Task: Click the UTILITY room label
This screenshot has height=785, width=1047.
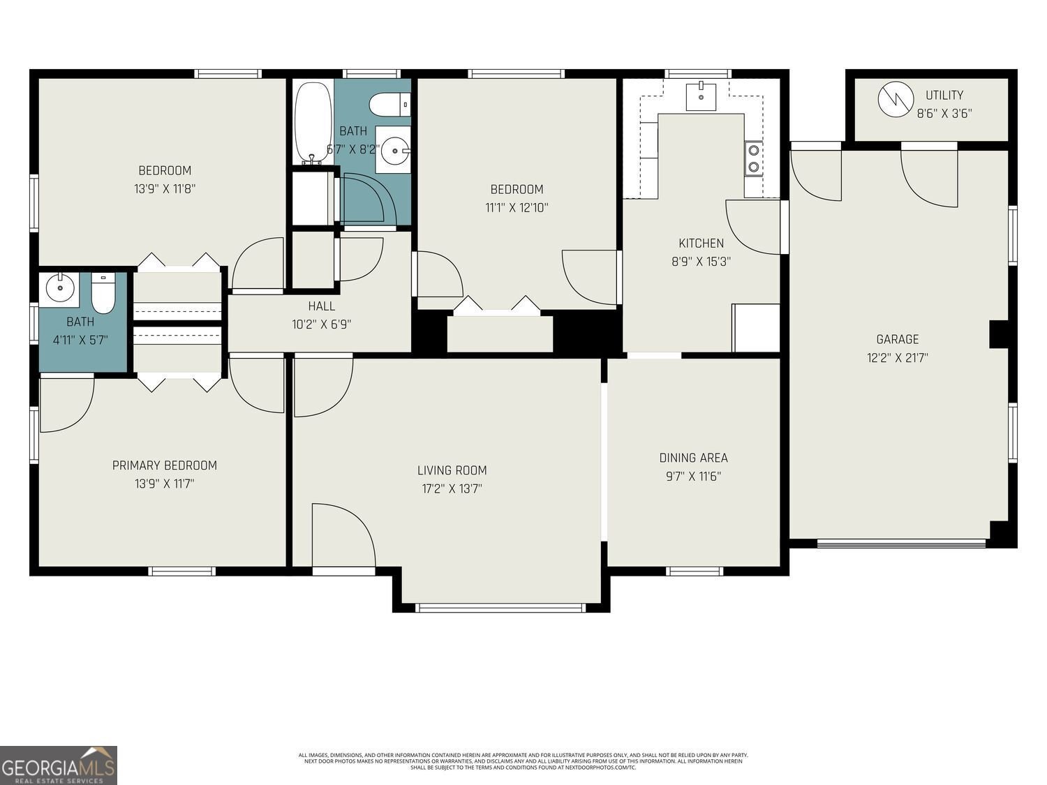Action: pyautogui.click(x=944, y=95)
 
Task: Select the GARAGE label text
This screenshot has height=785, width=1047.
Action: pyautogui.click(x=897, y=339)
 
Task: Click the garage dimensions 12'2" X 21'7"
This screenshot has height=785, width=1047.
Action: pyautogui.click(x=897, y=358)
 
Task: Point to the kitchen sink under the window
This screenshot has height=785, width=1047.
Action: pyautogui.click(x=700, y=96)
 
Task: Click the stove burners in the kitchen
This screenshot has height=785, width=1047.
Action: pyautogui.click(x=754, y=158)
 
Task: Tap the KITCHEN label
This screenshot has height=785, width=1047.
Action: pyautogui.click(x=701, y=243)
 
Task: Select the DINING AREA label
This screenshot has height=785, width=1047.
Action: pyautogui.click(x=693, y=458)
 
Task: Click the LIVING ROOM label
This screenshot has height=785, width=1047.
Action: pyautogui.click(x=452, y=470)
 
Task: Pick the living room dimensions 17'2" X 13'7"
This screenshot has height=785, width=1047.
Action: pyautogui.click(x=452, y=489)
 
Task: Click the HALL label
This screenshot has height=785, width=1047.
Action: pyautogui.click(x=321, y=306)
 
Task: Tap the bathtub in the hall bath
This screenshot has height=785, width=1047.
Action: pyautogui.click(x=307, y=123)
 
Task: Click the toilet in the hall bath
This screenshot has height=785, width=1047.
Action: pyautogui.click(x=388, y=105)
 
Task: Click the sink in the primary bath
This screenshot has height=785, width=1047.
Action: pyautogui.click(x=60, y=287)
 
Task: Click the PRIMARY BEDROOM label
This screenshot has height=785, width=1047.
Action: pyautogui.click(x=164, y=465)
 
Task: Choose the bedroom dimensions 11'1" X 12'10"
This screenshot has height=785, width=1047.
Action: pyautogui.click(x=516, y=207)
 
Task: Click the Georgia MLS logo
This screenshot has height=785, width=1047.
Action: pyautogui.click(x=59, y=765)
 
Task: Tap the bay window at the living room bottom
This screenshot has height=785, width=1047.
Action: pyautogui.click(x=500, y=608)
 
